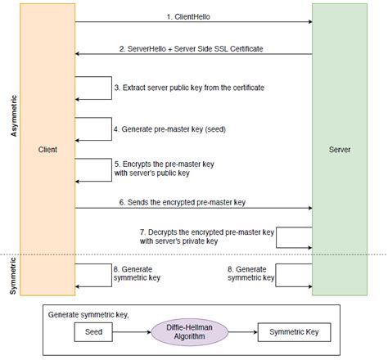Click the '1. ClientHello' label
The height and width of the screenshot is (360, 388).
click(x=193, y=15)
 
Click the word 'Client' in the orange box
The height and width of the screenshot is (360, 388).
click(x=47, y=151)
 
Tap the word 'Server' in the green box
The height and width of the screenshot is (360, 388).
click(x=340, y=151)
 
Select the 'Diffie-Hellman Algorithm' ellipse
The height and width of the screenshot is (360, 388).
click(x=187, y=333)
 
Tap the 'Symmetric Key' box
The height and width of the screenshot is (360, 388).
click(x=293, y=333)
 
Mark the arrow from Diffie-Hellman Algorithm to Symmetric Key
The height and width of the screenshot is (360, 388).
click(x=239, y=333)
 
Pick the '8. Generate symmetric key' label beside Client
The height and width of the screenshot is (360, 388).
click(x=142, y=272)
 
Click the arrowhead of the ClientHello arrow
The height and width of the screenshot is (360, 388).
click(x=309, y=22)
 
